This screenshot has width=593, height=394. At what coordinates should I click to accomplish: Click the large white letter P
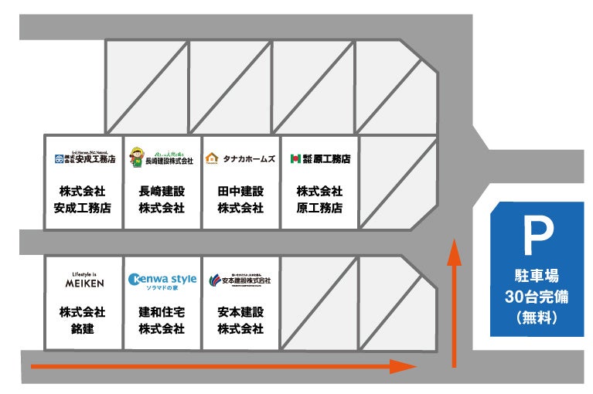[537, 236]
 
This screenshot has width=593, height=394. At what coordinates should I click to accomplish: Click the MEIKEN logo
[83, 280]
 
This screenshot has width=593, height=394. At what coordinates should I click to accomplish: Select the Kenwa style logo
[162, 280]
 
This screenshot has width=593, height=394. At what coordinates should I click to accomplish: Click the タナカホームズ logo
[240, 158]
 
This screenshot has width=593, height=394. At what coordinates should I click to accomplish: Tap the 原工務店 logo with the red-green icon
[319, 158]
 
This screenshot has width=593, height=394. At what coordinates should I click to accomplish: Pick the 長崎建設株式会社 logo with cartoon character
[162, 157]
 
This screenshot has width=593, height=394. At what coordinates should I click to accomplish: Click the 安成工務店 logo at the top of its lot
[83, 158]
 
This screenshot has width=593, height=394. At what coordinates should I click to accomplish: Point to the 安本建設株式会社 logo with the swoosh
[240, 280]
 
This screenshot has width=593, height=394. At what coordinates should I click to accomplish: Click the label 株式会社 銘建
[83, 321]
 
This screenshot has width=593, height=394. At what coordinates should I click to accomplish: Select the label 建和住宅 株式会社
[162, 321]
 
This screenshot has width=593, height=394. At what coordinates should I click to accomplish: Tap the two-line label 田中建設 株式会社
[240, 199]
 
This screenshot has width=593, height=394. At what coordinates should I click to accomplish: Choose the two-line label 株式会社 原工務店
[319, 199]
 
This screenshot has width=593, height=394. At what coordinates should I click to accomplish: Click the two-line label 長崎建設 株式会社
[162, 199]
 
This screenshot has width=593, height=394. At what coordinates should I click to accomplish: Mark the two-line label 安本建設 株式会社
[240, 321]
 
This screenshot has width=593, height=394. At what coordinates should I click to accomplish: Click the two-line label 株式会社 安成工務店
[83, 199]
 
